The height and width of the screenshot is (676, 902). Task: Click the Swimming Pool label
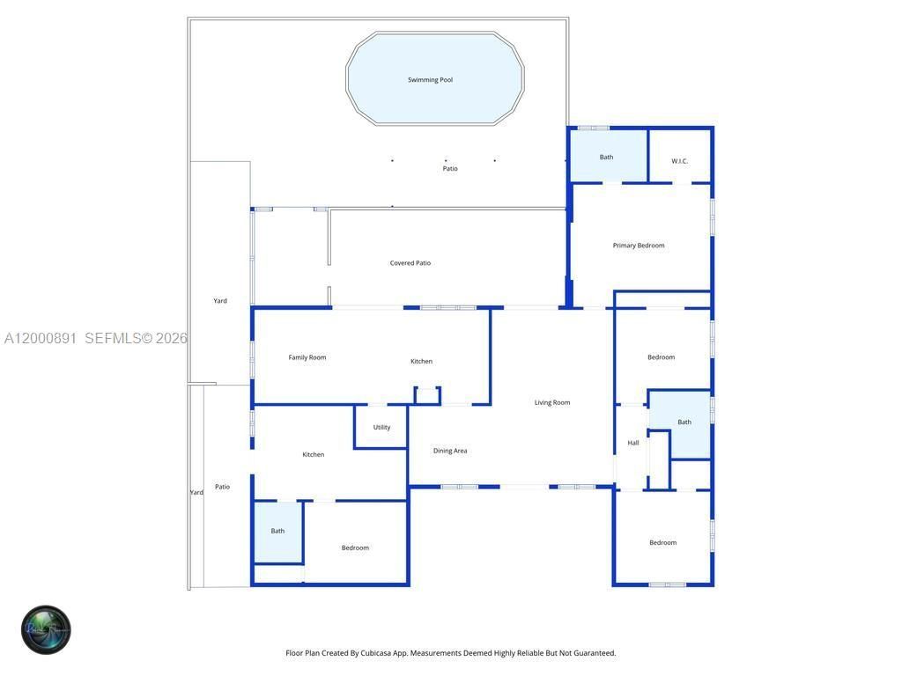click(430, 80)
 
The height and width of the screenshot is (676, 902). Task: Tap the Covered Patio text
click(410, 263)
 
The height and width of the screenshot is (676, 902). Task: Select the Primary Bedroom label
click(639, 246)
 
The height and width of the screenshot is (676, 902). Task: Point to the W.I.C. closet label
click(679, 161)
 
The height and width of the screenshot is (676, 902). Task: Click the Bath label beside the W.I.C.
click(606, 158)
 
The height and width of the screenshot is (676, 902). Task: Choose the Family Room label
click(307, 357)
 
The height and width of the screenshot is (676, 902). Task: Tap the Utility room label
click(381, 428)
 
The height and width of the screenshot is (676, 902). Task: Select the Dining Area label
click(450, 451)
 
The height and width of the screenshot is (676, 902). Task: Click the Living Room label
click(552, 403)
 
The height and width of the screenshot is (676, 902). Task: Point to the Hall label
click(633, 444)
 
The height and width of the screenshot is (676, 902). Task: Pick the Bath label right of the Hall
click(684, 422)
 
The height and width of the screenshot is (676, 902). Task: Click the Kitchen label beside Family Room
click(421, 362)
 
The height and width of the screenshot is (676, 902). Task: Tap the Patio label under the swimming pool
click(450, 169)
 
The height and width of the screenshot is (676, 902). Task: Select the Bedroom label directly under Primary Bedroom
click(661, 357)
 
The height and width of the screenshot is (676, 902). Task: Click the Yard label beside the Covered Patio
click(220, 301)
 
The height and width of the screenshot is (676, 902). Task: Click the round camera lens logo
click(46, 629)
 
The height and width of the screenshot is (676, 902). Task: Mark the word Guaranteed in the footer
click(595, 653)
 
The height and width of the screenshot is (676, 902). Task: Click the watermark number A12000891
click(41, 338)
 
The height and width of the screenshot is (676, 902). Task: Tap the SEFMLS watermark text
click(113, 338)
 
